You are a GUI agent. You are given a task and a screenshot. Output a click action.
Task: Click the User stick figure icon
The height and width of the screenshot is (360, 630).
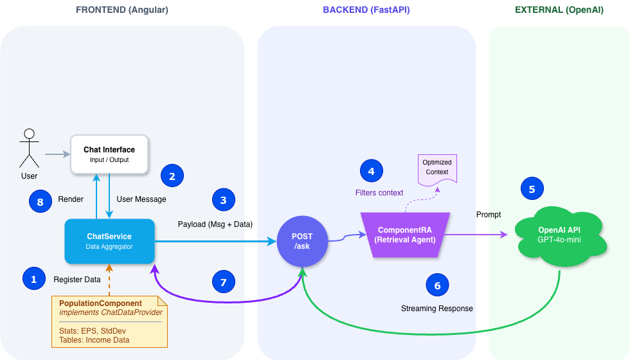(x=29, y=148)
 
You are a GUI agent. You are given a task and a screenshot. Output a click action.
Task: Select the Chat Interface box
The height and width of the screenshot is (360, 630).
(x=109, y=154)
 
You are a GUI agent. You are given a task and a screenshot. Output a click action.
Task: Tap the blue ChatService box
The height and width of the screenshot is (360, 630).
(x=109, y=241)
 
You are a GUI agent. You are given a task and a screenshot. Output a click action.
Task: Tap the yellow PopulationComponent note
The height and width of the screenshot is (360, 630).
(x=109, y=321)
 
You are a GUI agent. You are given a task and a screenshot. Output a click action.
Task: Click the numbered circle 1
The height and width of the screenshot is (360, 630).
(x=33, y=278)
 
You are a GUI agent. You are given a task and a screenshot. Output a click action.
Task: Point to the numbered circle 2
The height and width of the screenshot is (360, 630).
(x=172, y=175)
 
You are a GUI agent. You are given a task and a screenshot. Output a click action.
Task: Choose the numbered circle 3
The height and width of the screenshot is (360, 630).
(x=223, y=200)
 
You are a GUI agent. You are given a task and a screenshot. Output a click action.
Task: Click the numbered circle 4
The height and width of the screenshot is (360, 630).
(x=371, y=171)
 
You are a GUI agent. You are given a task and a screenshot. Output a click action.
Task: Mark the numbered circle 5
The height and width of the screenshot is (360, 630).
(x=532, y=189)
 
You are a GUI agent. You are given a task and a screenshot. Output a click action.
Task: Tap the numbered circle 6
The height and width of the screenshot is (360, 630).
(x=437, y=285)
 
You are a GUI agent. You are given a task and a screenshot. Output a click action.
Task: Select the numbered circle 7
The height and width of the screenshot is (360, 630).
(x=223, y=282)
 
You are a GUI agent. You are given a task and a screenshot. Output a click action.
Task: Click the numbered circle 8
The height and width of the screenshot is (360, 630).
(x=40, y=201)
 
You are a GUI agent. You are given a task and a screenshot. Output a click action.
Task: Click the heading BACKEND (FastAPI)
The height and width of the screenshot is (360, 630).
(x=366, y=10)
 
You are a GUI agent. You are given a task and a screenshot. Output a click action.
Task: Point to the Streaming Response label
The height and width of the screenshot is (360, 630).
(x=437, y=309)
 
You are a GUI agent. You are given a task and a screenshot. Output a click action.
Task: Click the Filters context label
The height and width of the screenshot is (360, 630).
(x=379, y=193)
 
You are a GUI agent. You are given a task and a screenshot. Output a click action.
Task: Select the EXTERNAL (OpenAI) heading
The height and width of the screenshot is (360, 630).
(x=559, y=10)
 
